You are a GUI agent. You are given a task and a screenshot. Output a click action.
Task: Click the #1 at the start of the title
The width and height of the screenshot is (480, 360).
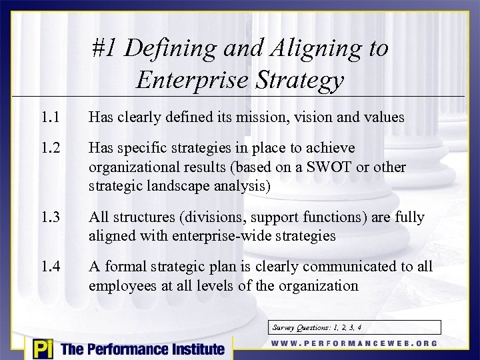point(105,48)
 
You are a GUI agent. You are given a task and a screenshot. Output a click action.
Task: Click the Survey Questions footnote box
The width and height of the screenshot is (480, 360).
point(355,327)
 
